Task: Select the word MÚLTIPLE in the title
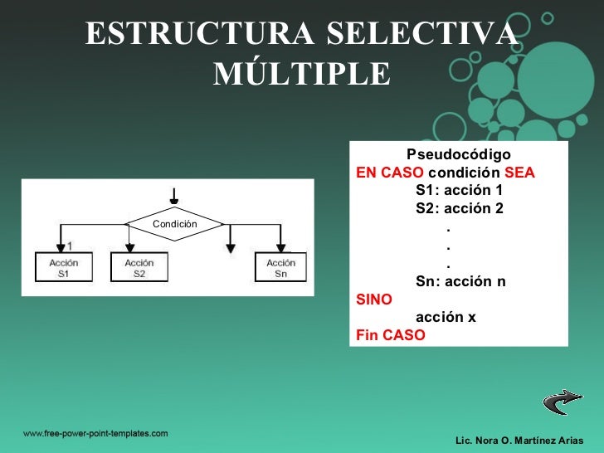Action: (301, 75)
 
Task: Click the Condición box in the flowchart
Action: (174, 224)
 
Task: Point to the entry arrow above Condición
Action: (173, 196)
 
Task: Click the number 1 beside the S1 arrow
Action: (71, 246)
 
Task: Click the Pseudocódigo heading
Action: (458, 155)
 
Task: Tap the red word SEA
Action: (519, 174)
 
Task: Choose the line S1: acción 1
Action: (459, 191)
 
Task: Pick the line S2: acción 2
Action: (459, 208)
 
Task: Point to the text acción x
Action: (446, 317)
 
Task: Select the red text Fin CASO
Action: (390, 335)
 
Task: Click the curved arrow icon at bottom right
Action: (562, 402)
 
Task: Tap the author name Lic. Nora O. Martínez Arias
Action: (519, 438)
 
